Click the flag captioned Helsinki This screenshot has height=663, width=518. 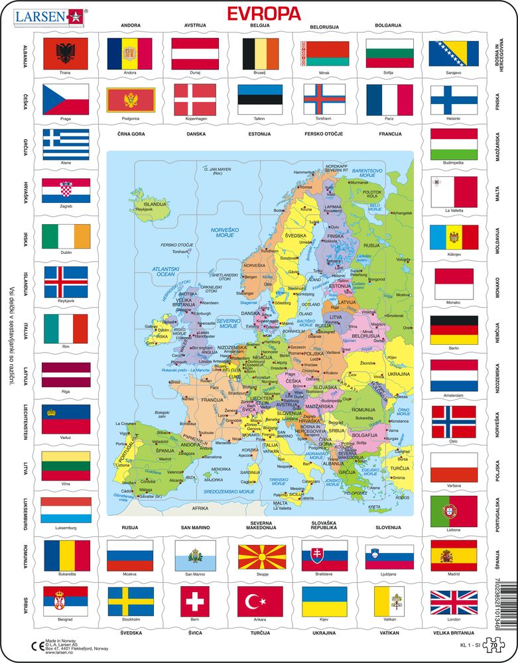pyautogui.click(x=454, y=100)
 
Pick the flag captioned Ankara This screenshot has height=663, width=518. pyautogui.click(x=260, y=601)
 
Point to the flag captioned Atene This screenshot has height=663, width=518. pyautogui.click(x=65, y=144)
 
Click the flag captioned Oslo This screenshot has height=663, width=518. pyautogui.click(x=454, y=420)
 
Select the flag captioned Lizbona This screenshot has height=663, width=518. pyautogui.click(x=454, y=511)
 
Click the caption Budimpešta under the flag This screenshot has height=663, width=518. pyautogui.click(x=454, y=162)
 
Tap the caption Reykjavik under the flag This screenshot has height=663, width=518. pyautogui.click(x=65, y=300)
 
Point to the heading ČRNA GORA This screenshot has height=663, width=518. pyautogui.click(x=129, y=135)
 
